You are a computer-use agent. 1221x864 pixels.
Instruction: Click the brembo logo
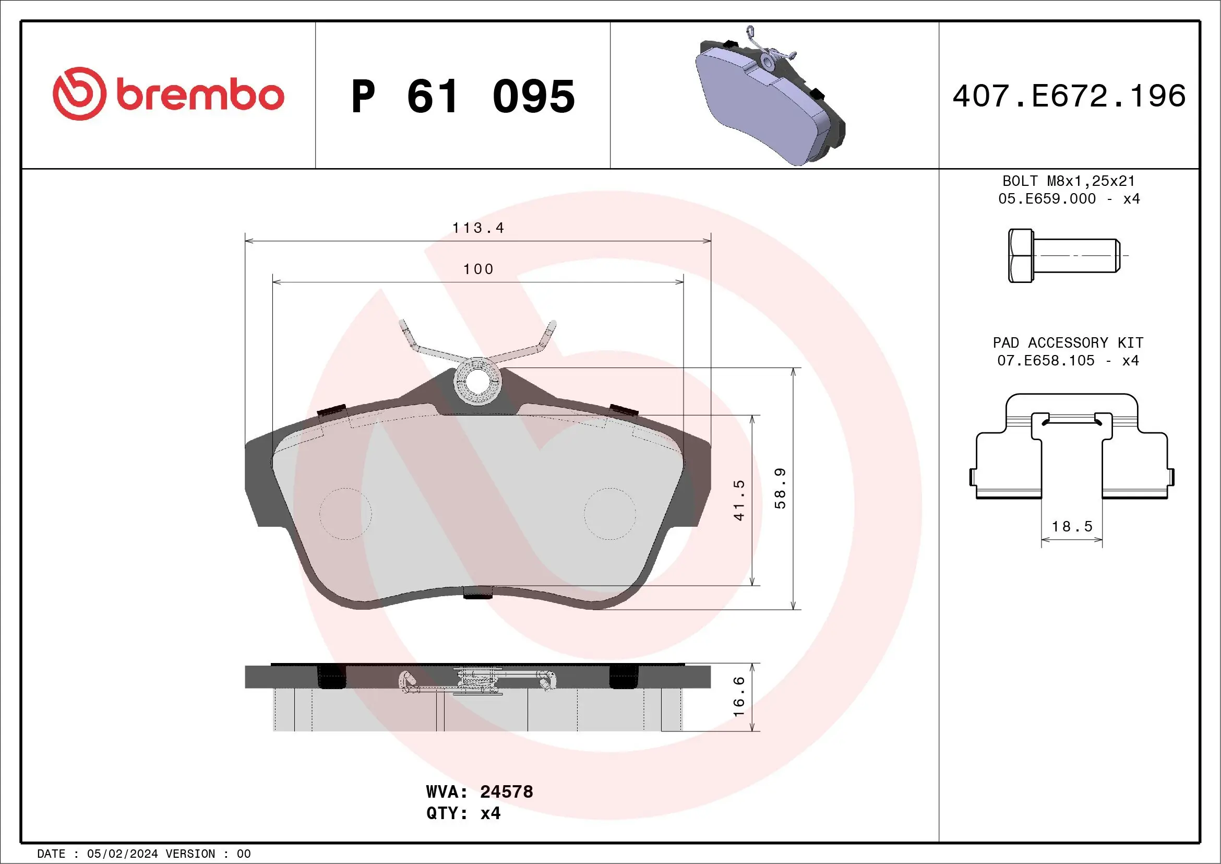[x=168, y=94]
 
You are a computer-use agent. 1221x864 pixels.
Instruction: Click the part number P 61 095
[x=463, y=96]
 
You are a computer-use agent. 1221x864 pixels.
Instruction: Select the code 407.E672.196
[x=1069, y=96]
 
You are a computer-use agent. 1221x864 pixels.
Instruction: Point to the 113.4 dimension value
[x=477, y=228]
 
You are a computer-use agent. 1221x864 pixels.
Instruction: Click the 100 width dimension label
[x=478, y=269]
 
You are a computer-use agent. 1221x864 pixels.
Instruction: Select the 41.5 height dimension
[x=739, y=500]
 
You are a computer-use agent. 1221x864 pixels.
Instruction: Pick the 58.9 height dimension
[x=780, y=488]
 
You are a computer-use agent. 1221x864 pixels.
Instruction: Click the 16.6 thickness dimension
[x=739, y=696]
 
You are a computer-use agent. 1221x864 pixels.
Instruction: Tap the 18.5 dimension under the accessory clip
[x=1072, y=526]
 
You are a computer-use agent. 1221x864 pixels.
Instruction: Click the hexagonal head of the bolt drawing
[x=1021, y=256]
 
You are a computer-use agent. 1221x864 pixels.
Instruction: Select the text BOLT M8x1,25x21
[x=1069, y=181]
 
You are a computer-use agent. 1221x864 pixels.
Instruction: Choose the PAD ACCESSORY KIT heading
[x=1068, y=342]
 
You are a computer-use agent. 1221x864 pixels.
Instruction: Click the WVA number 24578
[x=506, y=791]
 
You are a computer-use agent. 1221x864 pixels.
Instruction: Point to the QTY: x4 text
[x=463, y=813]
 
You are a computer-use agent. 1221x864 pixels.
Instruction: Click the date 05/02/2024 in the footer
[x=122, y=854]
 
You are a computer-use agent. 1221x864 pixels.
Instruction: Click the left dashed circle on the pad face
[x=345, y=513]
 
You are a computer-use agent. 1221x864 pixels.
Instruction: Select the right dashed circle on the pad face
[x=609, y=513]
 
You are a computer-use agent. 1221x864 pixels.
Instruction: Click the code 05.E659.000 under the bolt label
[x=1047, y=198]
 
